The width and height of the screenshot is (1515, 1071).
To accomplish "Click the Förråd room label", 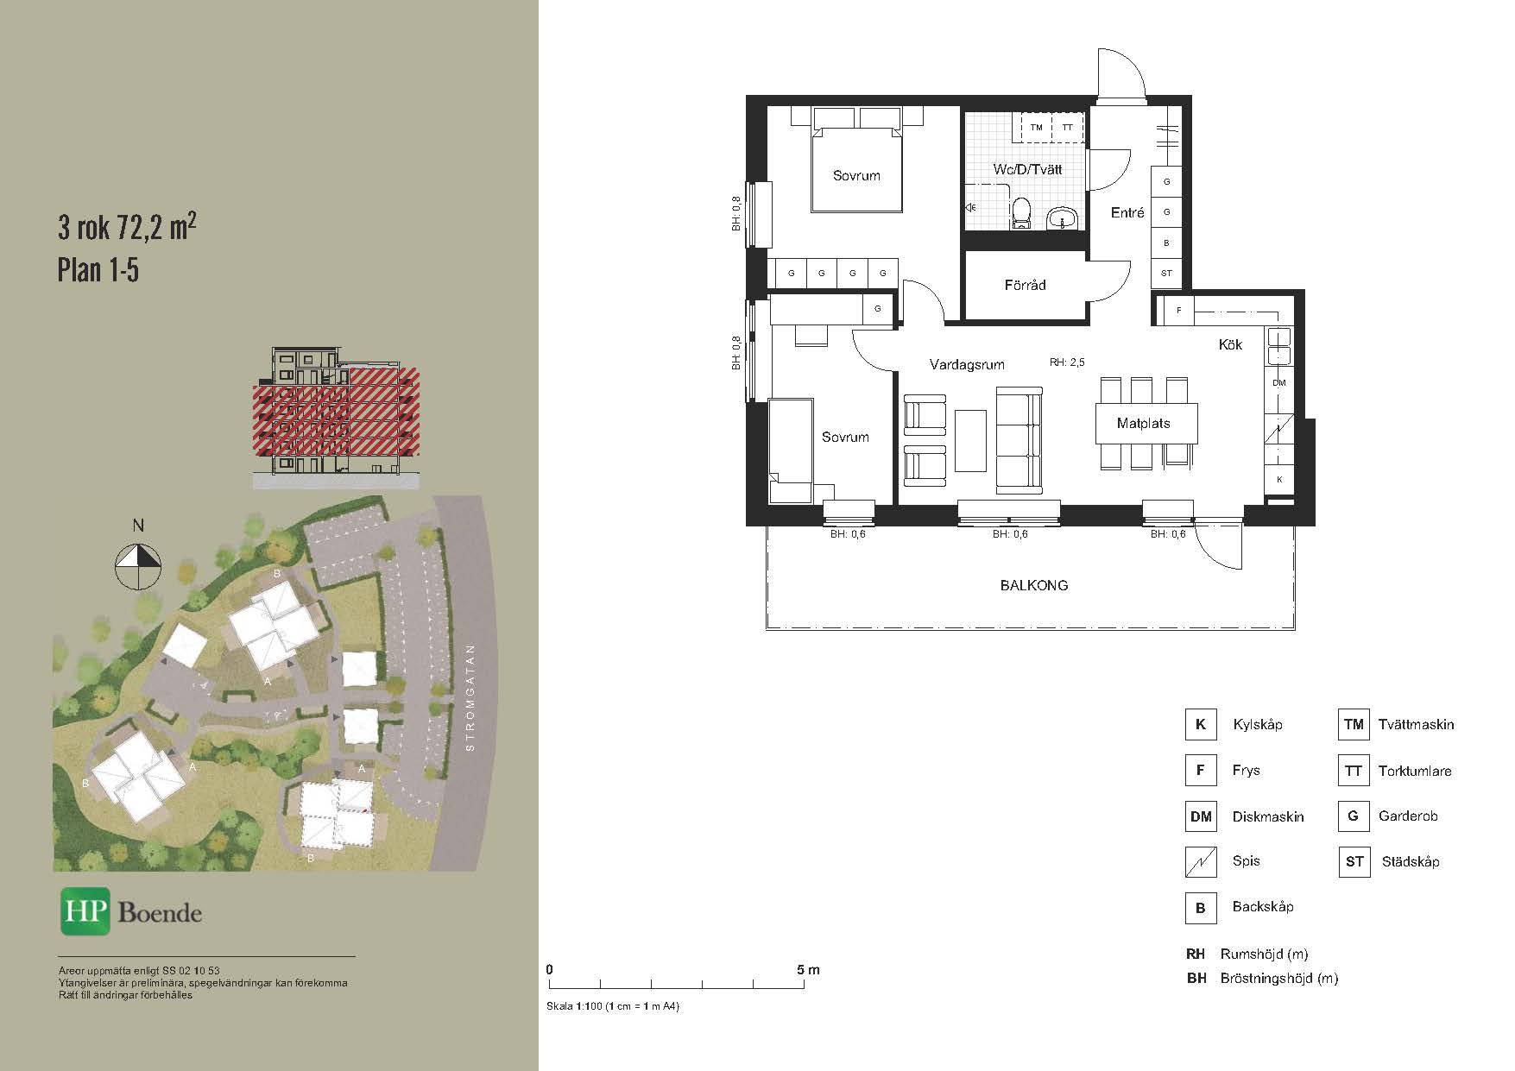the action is pyautogui.click(x=1025, y=285).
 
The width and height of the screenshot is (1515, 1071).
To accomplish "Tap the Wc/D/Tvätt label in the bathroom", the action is pyautogui.click(x=1027, y=169).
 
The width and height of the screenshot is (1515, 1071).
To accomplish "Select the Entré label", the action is pyautogui.click(x=1127, y=212).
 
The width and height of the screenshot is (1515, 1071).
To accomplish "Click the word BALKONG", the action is pyautogui.click(x=1034, y=585).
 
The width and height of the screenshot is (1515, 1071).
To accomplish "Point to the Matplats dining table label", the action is pyautogui.click(x=1143, y=424).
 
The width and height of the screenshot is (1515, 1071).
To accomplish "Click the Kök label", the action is pyautogui.click(x=1230, y=344).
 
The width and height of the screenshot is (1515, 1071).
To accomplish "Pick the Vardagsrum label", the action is pyautogui.click(x=967, y=365).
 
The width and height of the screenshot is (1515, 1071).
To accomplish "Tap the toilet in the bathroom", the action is pyautogui.click(x=1022, y=213).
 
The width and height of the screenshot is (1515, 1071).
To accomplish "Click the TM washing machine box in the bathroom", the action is pyautogui.click(x=1037, y=128).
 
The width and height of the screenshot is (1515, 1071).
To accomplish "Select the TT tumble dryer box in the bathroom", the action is pyautogui.click(x=1068, y=128).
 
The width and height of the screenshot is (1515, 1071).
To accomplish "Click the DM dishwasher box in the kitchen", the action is pyautogui.click(x=1278, y=382).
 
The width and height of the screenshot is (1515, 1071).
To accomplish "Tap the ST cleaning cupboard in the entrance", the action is pyautogui.click(x=1166, y=274).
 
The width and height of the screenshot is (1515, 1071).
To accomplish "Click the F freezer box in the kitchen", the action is pyautogui.click(x=1178, y=311).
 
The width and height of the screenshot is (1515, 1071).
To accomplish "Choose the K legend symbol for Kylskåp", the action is pyautogui.click(x=1200, y=725).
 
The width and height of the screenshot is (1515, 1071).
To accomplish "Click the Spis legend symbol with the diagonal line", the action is pyautogui.click(x=1200, y=861).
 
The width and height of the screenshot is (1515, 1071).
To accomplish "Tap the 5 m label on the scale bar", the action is pyautogui.click(x=809, y=970).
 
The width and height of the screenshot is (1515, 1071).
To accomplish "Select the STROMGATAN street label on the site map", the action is pyautogui.click(x=470, y=698).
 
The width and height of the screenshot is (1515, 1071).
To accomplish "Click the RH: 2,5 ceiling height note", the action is pyautogui.click(x=1067, y=363).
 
